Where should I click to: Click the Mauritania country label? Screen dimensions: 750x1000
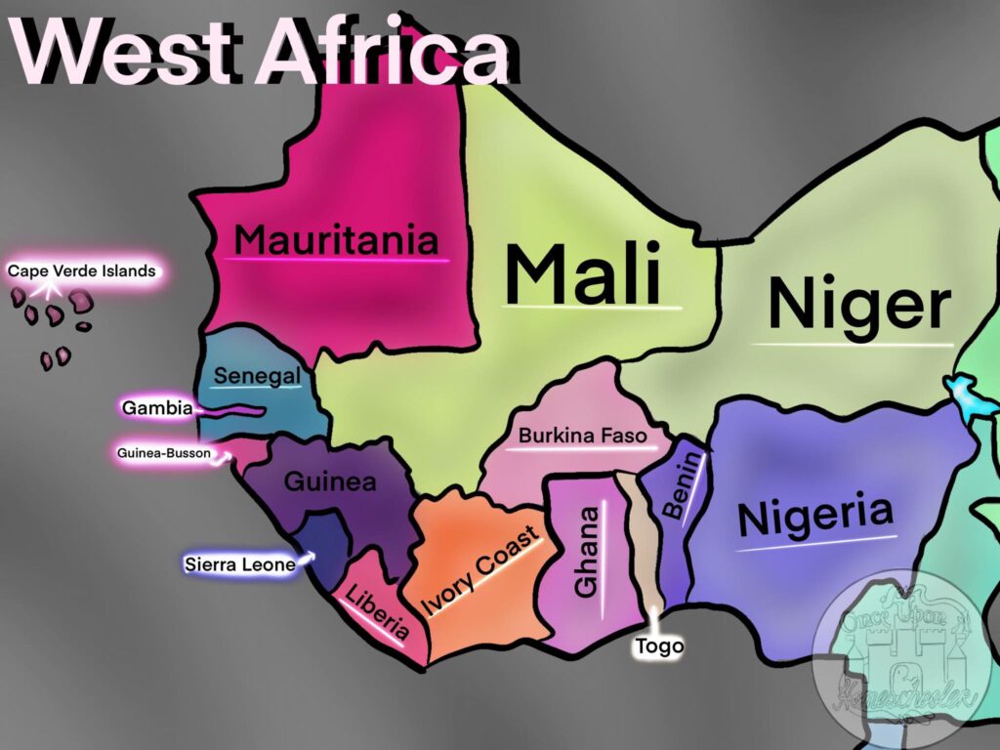coord(336,240)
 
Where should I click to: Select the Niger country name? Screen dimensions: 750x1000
coord(858,305)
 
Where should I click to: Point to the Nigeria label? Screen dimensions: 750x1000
coord(815,518)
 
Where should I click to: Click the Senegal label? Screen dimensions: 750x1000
coord(257,376)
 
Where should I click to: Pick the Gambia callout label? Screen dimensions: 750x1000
coord(156,407)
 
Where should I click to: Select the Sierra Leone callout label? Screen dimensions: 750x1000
coord(239,564)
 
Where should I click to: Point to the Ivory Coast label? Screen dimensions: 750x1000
coord(480,571)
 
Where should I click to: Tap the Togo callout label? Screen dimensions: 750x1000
coord(659,646)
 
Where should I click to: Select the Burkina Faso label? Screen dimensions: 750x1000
coord(582,436)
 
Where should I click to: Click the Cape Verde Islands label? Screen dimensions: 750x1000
coord(82,271)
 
